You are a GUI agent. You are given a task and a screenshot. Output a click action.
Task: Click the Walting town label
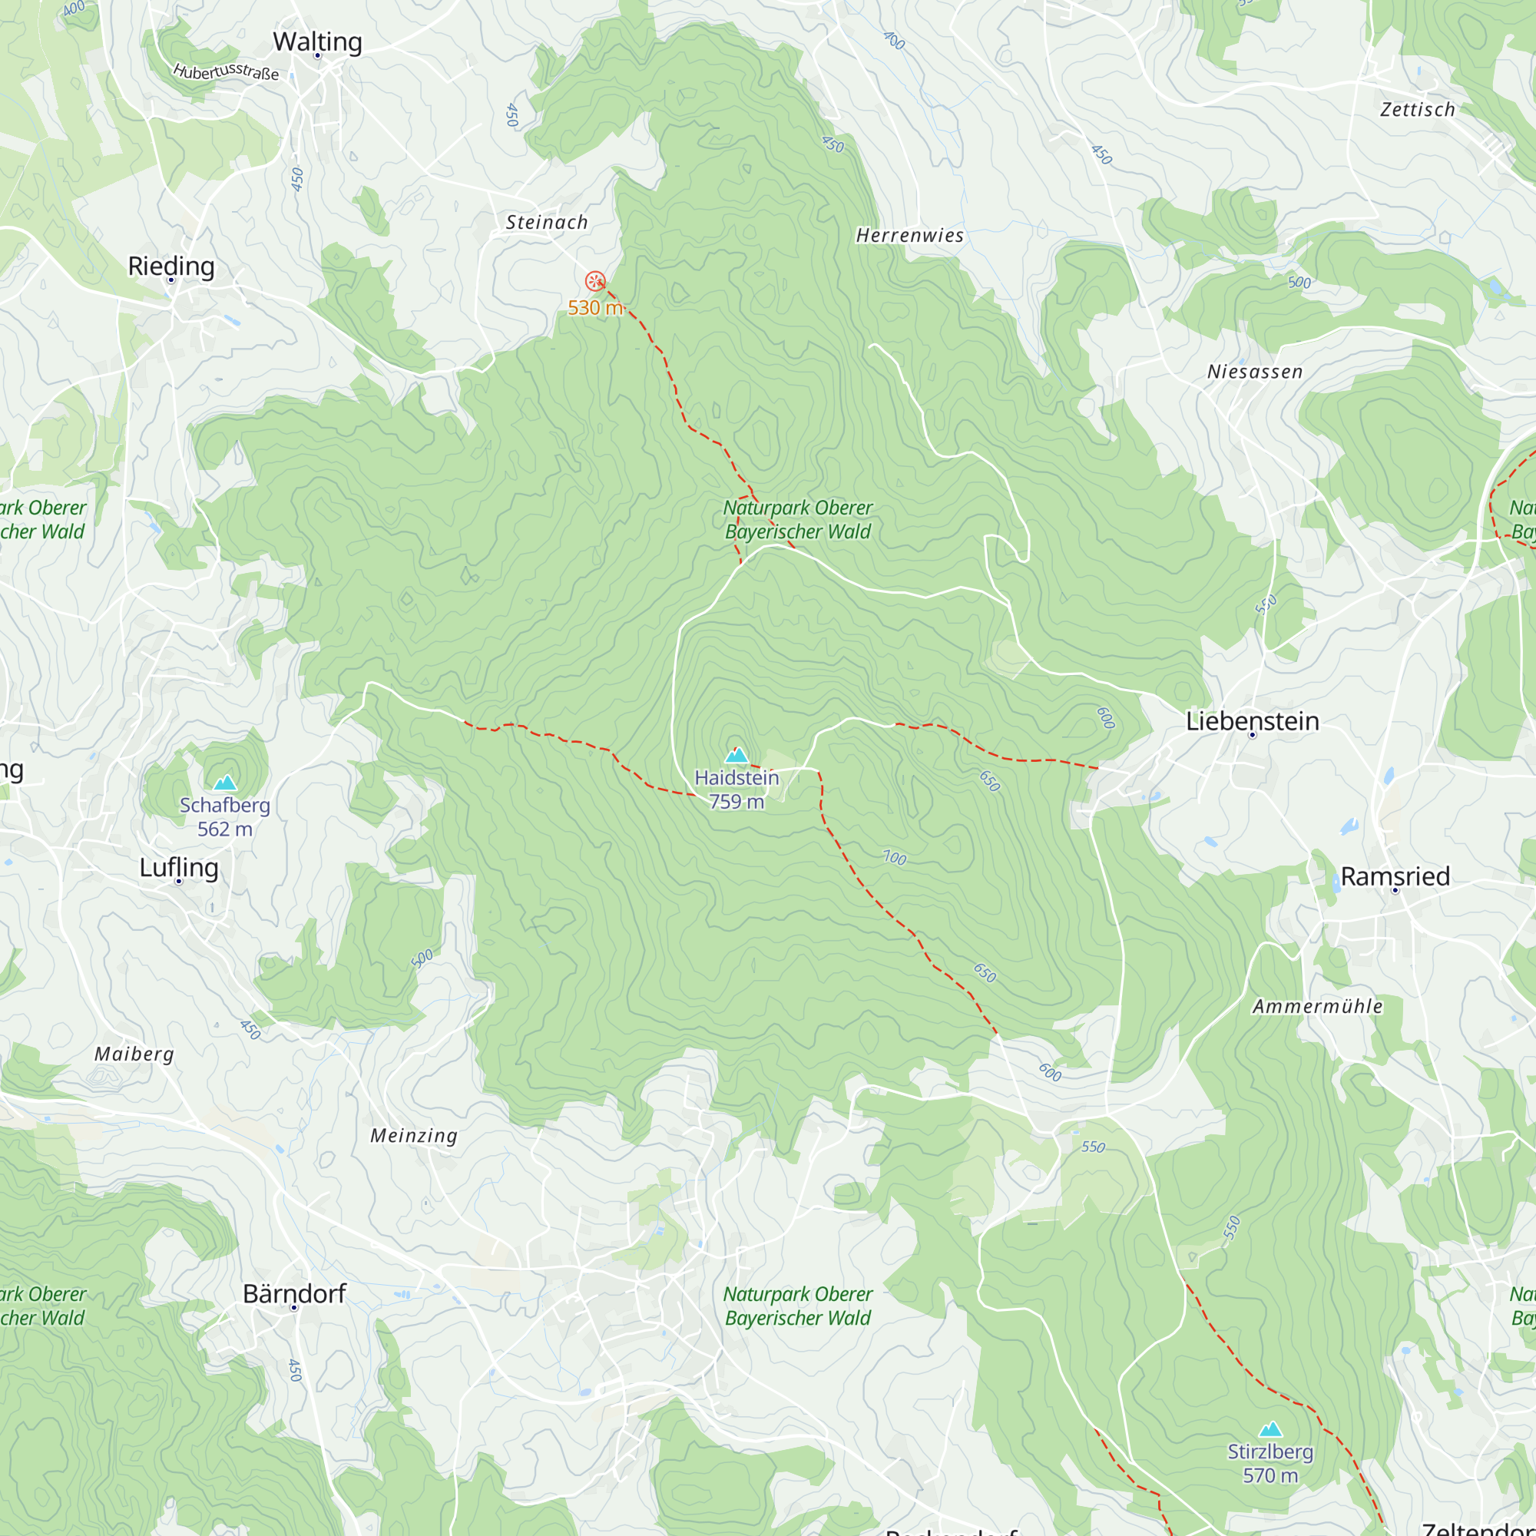pyautogui.click(x=317, y=41)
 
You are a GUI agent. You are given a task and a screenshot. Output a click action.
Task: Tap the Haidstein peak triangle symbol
pyautogui.click(x=737, y=754)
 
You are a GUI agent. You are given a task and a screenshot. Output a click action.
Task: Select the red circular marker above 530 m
pyautogui.click(x=594, y=280)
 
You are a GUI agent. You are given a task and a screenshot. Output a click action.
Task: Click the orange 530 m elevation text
pyautogui.click(x=594, y=308)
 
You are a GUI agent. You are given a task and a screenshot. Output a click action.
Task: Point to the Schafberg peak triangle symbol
pyautogui.click(x=226, y=783)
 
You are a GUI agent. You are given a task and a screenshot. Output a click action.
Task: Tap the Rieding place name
pyautogui.click(x=171, y=266)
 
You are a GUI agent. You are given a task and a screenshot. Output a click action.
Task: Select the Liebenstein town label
pyautogui.click(x=1252, y=721)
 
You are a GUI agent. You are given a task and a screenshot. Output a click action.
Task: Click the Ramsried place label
pyautogui.click(x=1395, y=876)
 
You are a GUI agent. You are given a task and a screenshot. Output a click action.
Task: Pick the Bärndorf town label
pyautogui.click(x=294, y=1293)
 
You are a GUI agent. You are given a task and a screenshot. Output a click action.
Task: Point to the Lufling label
pyautogui.click(x=179, y=867)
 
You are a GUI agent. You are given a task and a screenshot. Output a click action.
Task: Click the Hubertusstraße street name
pyautogui.click(x=227, y=71)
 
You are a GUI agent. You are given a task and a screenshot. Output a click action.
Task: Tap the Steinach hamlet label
pyautogui.click(x=547, y=223)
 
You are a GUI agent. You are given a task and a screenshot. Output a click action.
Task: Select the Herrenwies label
pyautogui.click(x=909, y=235)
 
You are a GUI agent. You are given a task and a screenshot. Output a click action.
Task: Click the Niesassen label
pyautogui.click(x=1255, y=372)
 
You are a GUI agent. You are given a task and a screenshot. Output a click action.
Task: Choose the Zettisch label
pyautogui.click(x=1418, y=110)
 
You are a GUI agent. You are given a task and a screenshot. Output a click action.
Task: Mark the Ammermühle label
pyautogui.click(x=1317, y=1007)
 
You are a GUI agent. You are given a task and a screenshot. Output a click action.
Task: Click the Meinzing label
pyautogui.click(x=414, y=1136)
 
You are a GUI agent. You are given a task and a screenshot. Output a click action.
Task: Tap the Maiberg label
pyautogui.click(x=134, y=1054)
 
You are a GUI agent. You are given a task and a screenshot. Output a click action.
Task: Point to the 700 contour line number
pyautogui.click(x=895, y=858)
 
